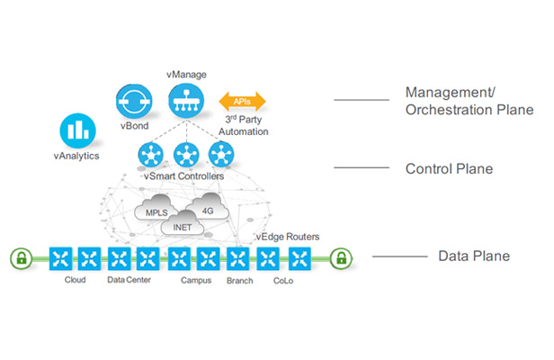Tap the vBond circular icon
click(x=135, y=102)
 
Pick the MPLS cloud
click(x=150, y=213)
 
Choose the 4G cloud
click(x=207, y=209)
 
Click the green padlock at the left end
click(x=21, y=259)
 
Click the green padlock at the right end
click(x=340, y=259)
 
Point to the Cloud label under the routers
click(x=76, y=280)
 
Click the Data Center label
click(x=129, y=280)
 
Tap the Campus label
click(x=196, y=280)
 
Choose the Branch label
click(x=240, y=280)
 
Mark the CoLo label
click(x=283, y=280)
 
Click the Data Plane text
click(x=473, y=256)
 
